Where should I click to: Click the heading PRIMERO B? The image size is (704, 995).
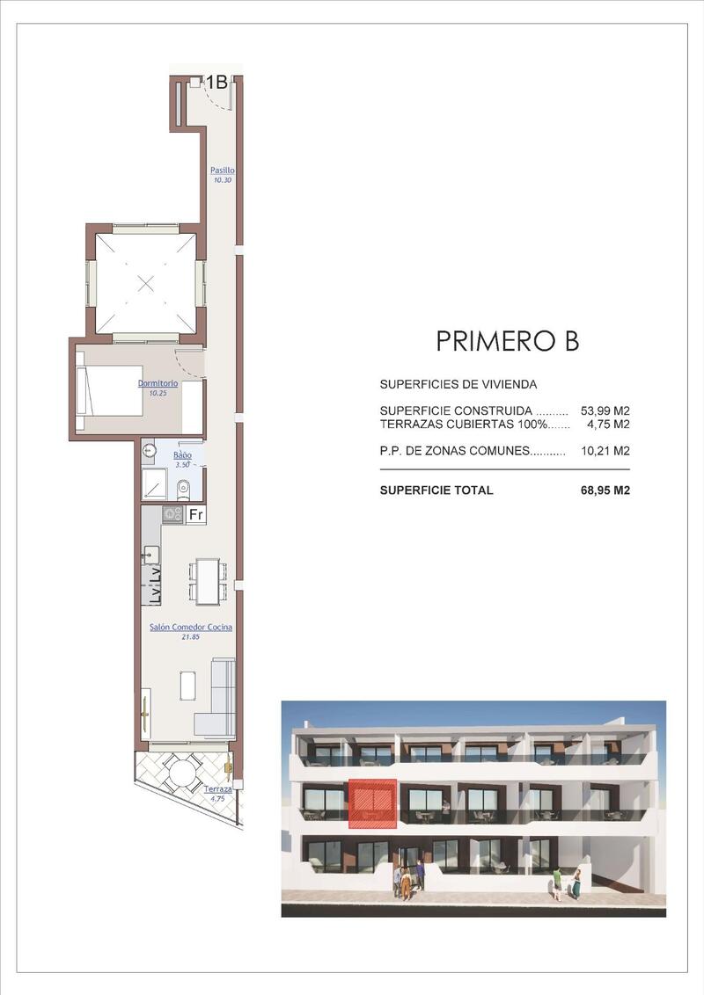tap(507, 341)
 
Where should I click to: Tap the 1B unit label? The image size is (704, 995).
tap(216, 82)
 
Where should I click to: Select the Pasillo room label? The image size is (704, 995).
tap(223, 170)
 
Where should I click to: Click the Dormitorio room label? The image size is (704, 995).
tap(158, 383)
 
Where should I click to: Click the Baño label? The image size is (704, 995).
tap(182, 455)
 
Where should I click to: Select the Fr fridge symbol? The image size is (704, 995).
tap(196, 514)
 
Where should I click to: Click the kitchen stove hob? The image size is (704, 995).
tap(172, 514)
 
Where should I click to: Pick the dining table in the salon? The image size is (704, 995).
tap(208, 581)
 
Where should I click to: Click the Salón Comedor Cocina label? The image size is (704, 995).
tap(191, 627)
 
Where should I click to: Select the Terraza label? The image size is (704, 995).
tap(217, 788)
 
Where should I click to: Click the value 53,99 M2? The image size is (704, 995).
tap(605, 410)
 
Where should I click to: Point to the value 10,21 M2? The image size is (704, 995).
tap(605, 451)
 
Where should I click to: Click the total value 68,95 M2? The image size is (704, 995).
tap(605, 490)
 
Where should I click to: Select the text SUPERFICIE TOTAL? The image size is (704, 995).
tap(436, 490)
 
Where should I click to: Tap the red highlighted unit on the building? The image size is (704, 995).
tap(372, 804)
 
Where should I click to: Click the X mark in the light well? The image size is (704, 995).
tap(146, 283)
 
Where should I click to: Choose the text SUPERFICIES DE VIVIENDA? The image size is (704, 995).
tap(458, 384)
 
